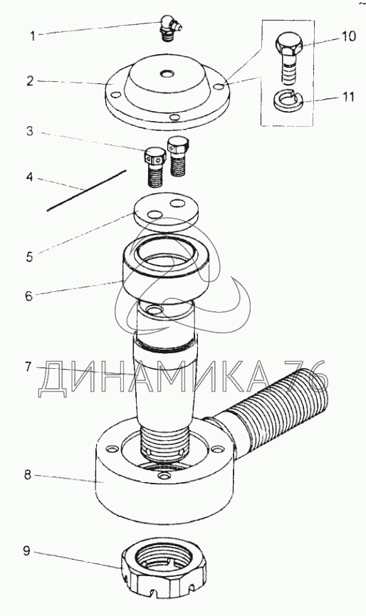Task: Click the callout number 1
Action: pyautogui.click(x=33, y=36)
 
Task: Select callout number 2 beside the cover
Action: pyautogui.click(x=30, y=82)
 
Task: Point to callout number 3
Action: pyautogui.click(x=30, y=131)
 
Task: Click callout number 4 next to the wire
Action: pyautogui.click(x=29, y=177)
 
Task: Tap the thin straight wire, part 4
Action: pyautogui.click(x=86, y=191)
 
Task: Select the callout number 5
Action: pyautogui.click(x=29, y=258)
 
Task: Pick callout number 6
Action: pyautogui.click(x=29, y=296)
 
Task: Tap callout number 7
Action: pyautogui.click(x=28, y=367)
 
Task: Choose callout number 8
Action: pyautogui.click(x=27, y=475)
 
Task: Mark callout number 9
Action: pyautogui.click(x=26, y=551)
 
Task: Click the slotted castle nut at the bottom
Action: pyautogui.click(x=164, y=569)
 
